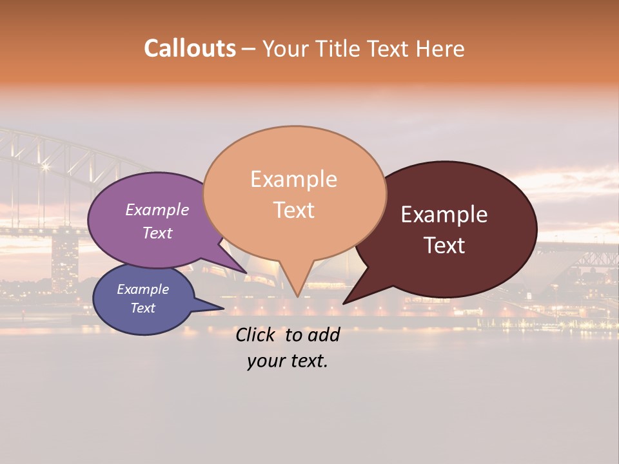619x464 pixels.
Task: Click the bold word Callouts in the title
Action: click(190, 48)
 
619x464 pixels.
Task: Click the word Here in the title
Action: click(441, 48)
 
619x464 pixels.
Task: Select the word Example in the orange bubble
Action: click(293, 179)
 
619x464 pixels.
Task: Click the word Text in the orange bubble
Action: click(293, 210)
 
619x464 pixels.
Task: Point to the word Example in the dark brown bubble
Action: click(444, 215)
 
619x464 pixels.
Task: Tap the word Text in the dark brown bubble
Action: click(444, 246)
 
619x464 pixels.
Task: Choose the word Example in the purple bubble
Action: click(157, 209)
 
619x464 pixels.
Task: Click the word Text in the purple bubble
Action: click(157, 233)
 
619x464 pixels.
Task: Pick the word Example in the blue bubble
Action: click(142, 289)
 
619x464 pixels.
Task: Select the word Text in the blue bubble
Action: click(142, 308)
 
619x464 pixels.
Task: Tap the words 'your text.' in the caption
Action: click(287, 362)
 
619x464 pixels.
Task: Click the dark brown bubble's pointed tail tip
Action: click(344, 303)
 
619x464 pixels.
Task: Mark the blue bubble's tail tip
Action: click(223, 309)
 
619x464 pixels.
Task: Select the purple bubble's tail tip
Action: click(246, 273)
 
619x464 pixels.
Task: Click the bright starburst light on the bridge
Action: click(45, 167)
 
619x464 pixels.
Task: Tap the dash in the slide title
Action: click(249, 49)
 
